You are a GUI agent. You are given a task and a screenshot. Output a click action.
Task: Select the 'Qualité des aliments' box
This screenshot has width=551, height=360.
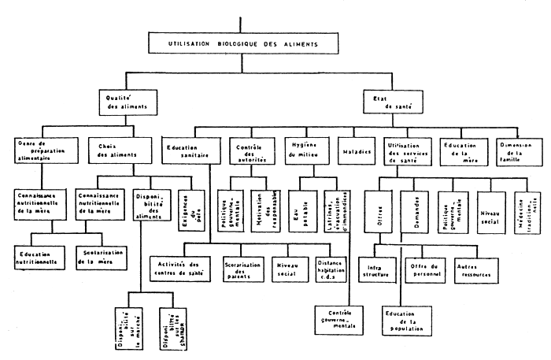tap(123, 102)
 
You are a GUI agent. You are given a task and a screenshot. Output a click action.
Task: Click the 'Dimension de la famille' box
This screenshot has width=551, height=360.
tap(516, 150)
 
